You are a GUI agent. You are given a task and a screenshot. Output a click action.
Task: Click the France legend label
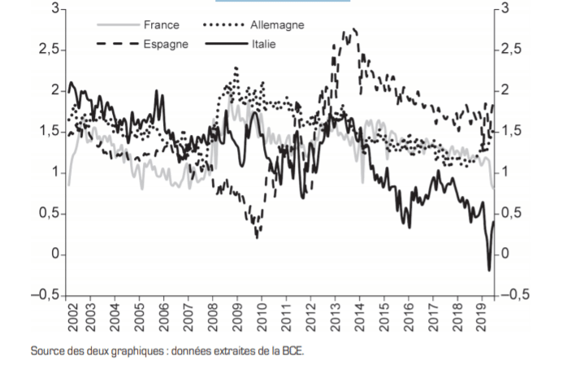pos(161,25)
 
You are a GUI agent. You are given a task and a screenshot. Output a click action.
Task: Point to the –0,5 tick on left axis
pos(44,295)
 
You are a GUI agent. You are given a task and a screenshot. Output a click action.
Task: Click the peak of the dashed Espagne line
pos(347,31)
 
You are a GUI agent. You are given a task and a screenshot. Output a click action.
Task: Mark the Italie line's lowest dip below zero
pos(489,270)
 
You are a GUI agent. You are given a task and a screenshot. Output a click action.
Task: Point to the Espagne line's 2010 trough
pos(258,237)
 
